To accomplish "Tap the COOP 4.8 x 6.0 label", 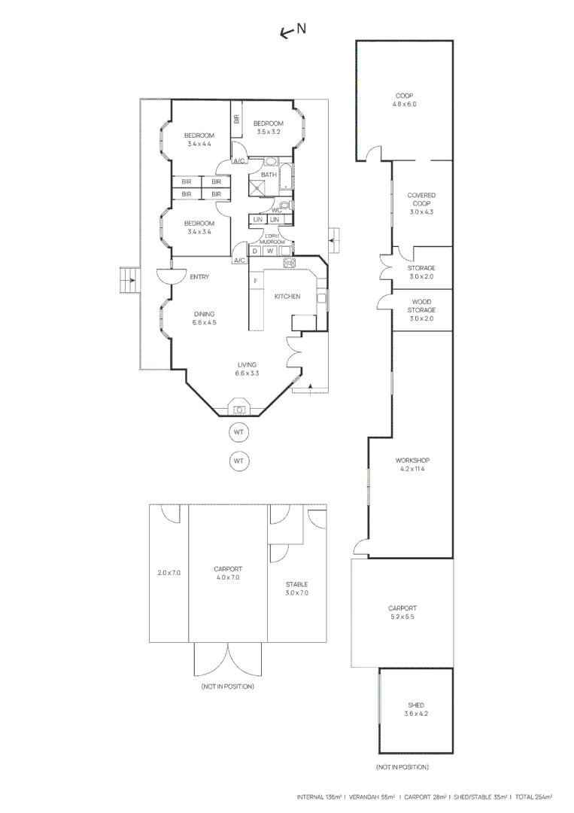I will (x=404, y=100).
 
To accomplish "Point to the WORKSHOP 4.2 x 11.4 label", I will (x=412, y=464).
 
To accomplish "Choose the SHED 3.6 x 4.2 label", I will (x=416, y=709).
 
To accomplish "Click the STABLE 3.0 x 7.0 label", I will (x=296, y=588).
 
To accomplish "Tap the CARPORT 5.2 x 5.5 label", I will (x=402, y=612).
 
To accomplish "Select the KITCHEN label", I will (x=287, y=297).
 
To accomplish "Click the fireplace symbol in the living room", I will (x=240, y=410).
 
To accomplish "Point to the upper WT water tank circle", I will (x=239, y=433).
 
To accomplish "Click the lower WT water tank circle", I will (x=239, y=460).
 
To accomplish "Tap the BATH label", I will (x=269, y=175).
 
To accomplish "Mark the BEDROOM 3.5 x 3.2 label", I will (x=268, y=127).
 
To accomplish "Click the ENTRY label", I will (x=199, y=277).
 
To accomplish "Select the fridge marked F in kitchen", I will (x=256, y=282).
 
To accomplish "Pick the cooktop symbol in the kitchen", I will (x=289, y=262).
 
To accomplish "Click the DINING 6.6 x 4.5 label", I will (x=205, y=318).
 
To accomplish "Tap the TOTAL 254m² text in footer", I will (x=533, y=796).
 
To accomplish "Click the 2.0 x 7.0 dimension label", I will (x=169, y=573).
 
